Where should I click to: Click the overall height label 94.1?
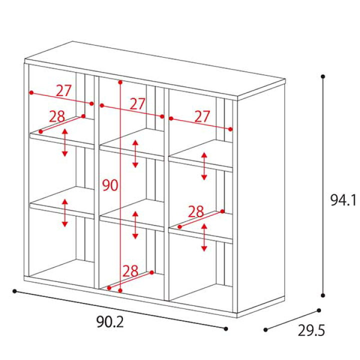point(343,200)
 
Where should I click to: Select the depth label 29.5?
point(311,330)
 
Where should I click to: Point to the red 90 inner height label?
point(110,185)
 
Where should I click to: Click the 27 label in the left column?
point(64,90)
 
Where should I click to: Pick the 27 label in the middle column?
point(138,104)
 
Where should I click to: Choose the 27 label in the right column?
point(202,116)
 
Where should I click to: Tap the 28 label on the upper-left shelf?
point(57,116)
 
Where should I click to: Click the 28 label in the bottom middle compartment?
point(130,271)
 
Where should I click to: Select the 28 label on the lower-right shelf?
point(196,211)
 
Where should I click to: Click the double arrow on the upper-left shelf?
point(65,142)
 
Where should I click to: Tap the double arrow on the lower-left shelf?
point(65,213)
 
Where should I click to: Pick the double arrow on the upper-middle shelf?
point(135,153)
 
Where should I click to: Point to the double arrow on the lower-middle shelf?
point(135,225)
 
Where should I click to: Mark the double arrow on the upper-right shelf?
point(204,166)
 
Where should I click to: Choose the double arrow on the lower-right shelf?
point(204,237)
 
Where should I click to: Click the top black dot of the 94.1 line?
point(323,76)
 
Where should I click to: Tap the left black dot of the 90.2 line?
point(14,291)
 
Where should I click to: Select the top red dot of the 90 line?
point(120,82)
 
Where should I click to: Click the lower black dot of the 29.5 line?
point(265,329)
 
